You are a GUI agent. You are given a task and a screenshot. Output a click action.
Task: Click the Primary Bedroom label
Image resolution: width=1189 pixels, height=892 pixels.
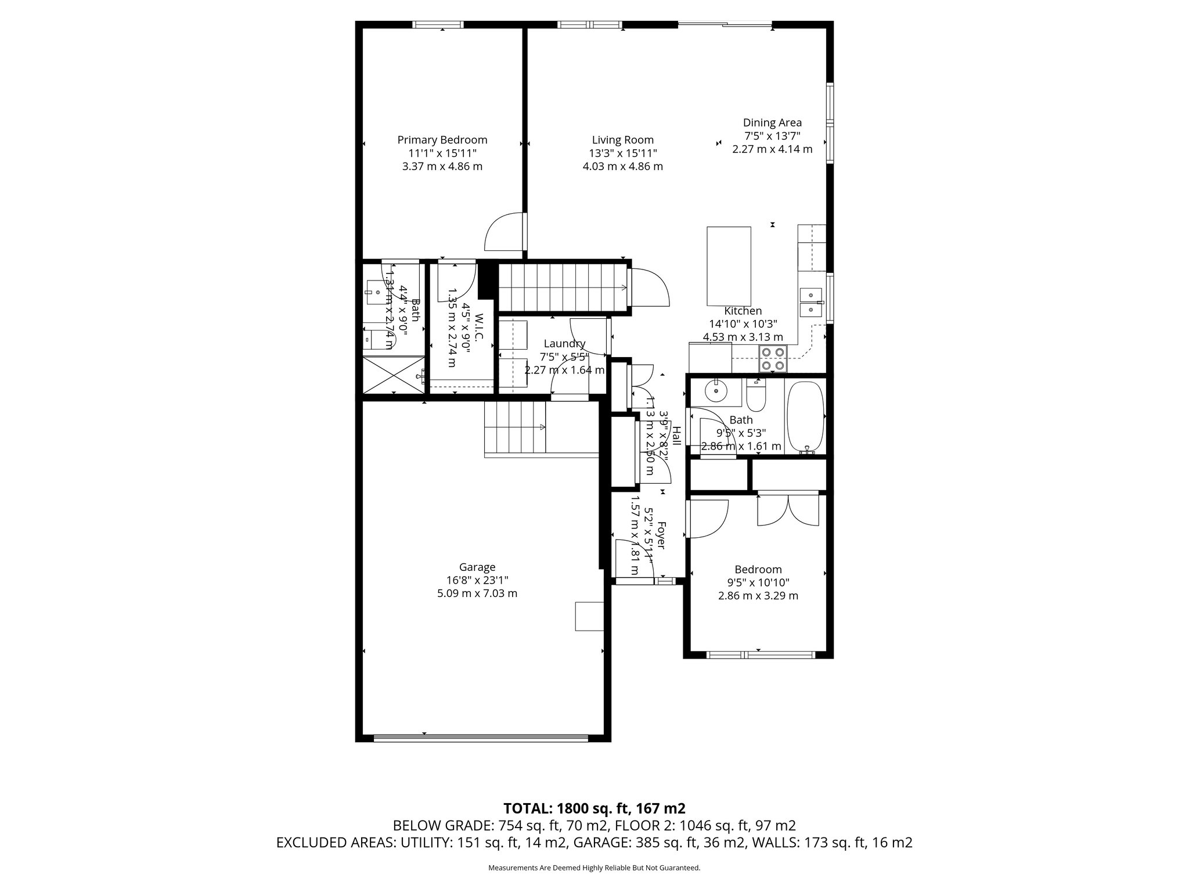[442, 140]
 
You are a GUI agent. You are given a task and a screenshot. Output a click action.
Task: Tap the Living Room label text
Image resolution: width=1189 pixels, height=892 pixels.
[622, 140]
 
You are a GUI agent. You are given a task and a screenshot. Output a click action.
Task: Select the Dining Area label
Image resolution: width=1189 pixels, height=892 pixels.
[772, 123]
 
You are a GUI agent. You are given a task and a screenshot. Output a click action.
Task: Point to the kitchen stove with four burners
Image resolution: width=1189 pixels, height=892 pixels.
[773, 359]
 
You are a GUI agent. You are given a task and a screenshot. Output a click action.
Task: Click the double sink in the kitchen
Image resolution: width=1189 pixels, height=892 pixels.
[810, 303]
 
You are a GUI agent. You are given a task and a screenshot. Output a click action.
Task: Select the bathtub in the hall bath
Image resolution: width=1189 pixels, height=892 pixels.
[805, 416]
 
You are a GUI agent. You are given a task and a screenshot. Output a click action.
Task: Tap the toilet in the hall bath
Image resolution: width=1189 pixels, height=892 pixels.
[756, 397]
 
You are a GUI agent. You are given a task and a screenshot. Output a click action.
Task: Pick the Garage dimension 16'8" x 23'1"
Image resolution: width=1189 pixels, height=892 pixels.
[477, 580]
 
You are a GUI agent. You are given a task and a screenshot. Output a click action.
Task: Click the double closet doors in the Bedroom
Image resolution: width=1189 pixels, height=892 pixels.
[788, 510]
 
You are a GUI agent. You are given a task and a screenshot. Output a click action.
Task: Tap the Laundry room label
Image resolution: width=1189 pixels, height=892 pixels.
[564, 344]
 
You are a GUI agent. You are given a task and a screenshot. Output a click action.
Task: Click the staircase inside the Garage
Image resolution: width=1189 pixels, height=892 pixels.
[515, 428]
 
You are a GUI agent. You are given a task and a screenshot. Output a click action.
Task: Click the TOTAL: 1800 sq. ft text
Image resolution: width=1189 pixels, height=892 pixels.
[594, 808]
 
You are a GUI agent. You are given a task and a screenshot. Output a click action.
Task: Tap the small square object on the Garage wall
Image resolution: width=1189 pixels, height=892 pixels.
[589, 616]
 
